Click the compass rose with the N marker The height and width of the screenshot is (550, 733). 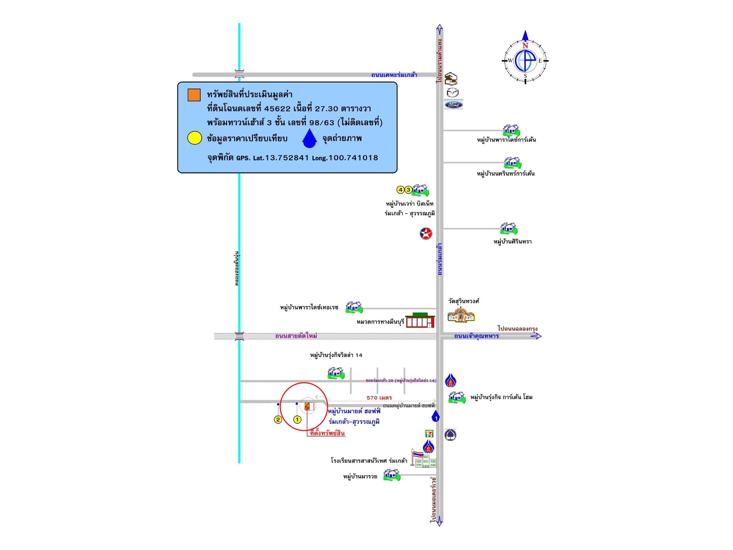coord(525,60)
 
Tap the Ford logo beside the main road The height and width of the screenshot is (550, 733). coord(453,105)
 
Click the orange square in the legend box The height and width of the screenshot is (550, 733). coord(194,95)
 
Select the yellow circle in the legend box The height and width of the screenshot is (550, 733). coord(194,138)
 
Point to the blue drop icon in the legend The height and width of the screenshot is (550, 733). coord(309,139)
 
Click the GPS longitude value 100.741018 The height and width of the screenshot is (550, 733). coord(353,158)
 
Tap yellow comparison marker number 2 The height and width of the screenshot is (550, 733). coord(278,420)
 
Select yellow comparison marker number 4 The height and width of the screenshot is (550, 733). coord(401,190)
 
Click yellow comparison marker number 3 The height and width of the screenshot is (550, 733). coord(408,190)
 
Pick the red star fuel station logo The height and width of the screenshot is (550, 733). coord(426,233)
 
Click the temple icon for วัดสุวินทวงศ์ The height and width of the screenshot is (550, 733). coord(461,315)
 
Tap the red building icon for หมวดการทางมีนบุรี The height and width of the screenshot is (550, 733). coord(420,320)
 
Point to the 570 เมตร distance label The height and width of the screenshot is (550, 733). coord(379,398)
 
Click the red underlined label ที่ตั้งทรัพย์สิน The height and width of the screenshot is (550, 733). coord(327,433)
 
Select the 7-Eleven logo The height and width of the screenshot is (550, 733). coord(430,434)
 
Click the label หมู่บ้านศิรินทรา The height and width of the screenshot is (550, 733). coord(513,241)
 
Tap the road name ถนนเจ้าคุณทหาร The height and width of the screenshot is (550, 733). coord(476,336)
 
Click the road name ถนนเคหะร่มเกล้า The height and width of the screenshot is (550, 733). coord(394,75)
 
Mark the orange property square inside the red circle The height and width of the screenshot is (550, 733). coord(307,406)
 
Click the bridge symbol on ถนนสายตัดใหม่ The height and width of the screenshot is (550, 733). coord(239,336)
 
